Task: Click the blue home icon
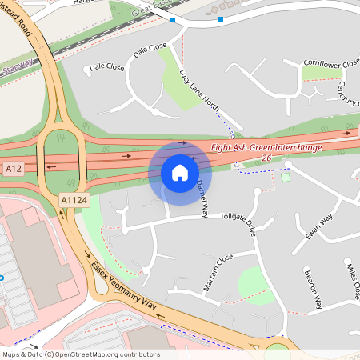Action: pyautogui.click(x=180, y=173)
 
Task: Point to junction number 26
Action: pyautogui.click(x=266, y=161)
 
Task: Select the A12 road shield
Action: pyautogui.click(x=14, y=170)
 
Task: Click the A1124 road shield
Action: pyautogui.click(x=73, y=200)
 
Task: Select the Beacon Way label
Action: pyautogui.click(x=313, y=290)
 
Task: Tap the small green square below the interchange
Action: pyautogui.click(x=286, y=177)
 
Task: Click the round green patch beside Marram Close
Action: pyautogui.click(x=254, y=282)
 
